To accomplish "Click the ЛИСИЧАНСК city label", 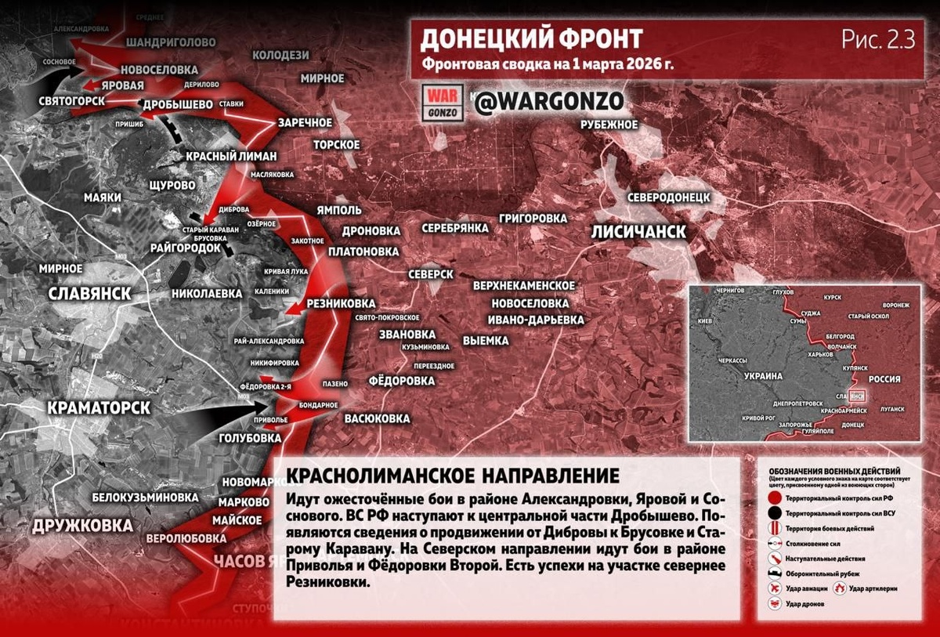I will (638, 232).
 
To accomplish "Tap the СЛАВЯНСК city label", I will (89, 294).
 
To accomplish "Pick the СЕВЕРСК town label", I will (431, 274).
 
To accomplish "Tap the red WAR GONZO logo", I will (443, 103).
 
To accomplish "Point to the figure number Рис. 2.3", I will (878, 40).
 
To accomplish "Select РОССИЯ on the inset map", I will (884, 379).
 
